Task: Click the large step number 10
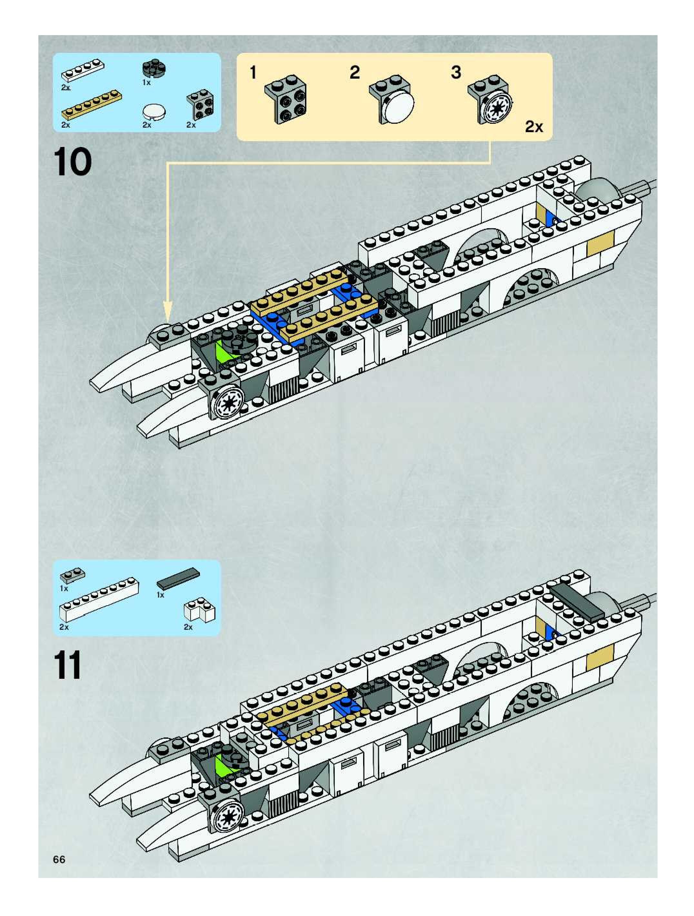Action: [x=73, y=162]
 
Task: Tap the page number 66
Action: [x=59, y=859]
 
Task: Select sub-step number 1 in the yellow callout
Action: [x=253, y=73]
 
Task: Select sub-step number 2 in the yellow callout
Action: [x=355, y=73]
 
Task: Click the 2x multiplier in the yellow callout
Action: [x=534, y=127]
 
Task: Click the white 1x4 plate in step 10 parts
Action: [x=83, y=70]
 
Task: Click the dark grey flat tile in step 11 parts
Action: [x=178, y=579]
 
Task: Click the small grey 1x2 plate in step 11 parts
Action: [x=73, y=574]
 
